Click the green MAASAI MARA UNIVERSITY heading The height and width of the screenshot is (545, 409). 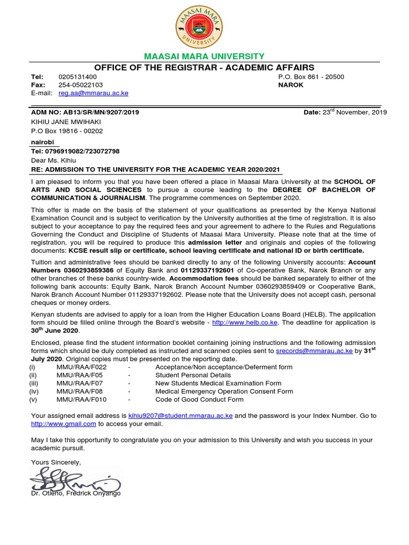pos(204,56)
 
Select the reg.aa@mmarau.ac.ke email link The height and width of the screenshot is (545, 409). pos(93,93)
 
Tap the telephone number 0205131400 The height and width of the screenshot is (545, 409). pos(78,77)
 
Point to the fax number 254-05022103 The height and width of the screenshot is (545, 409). pos(80,85)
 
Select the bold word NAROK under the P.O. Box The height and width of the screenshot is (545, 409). pos(291,85)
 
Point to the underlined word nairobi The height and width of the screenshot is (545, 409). pos(43,142)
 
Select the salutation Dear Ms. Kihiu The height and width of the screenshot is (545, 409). pos(53,160)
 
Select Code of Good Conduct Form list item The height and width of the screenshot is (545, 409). pos(199,399)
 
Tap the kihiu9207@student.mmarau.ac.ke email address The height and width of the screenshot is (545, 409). pos(181,416)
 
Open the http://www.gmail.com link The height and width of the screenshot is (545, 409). pos(63,424)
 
